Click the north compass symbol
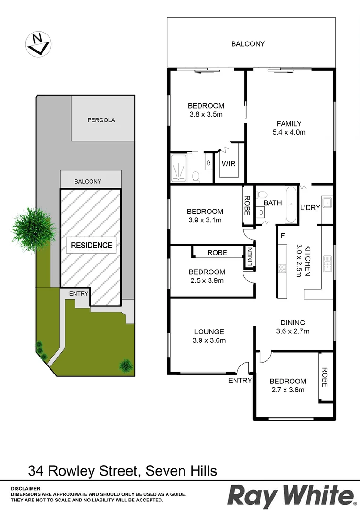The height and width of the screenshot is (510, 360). pos(38,44)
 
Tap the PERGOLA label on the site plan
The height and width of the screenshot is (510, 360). pos(101,120)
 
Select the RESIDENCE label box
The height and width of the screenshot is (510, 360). pos(92,245)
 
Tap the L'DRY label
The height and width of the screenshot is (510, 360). pos(310,207)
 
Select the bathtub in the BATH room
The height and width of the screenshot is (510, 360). pos(291,205)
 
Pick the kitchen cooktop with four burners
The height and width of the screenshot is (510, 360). pos(282,269)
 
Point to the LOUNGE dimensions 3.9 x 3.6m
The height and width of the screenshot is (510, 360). pos(209,340)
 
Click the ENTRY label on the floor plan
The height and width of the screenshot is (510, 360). pos(240,381)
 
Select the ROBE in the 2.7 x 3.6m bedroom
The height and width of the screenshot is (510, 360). pos(324,377)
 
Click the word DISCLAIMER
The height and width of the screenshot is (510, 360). pos(25,489)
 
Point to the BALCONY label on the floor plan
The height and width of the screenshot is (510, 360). pos(248,44)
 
